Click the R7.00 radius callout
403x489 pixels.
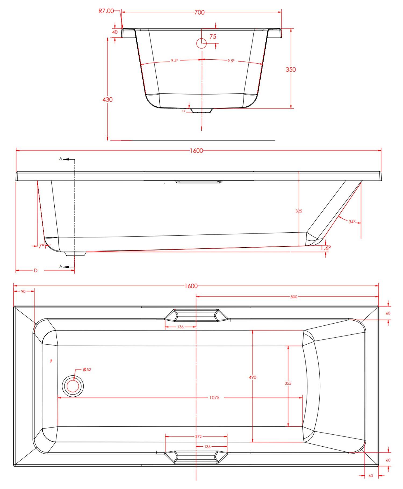[106, 11]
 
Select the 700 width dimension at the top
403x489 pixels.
[199, 12]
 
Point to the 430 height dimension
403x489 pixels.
[107, 100]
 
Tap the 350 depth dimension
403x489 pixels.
[291, 70]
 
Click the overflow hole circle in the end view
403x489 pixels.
[201, 43]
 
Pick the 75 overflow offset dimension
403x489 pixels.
[213, 37]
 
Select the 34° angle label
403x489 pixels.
[352, 222]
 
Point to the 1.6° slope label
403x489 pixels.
[326, 248]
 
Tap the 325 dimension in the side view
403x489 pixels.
[299, 211]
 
